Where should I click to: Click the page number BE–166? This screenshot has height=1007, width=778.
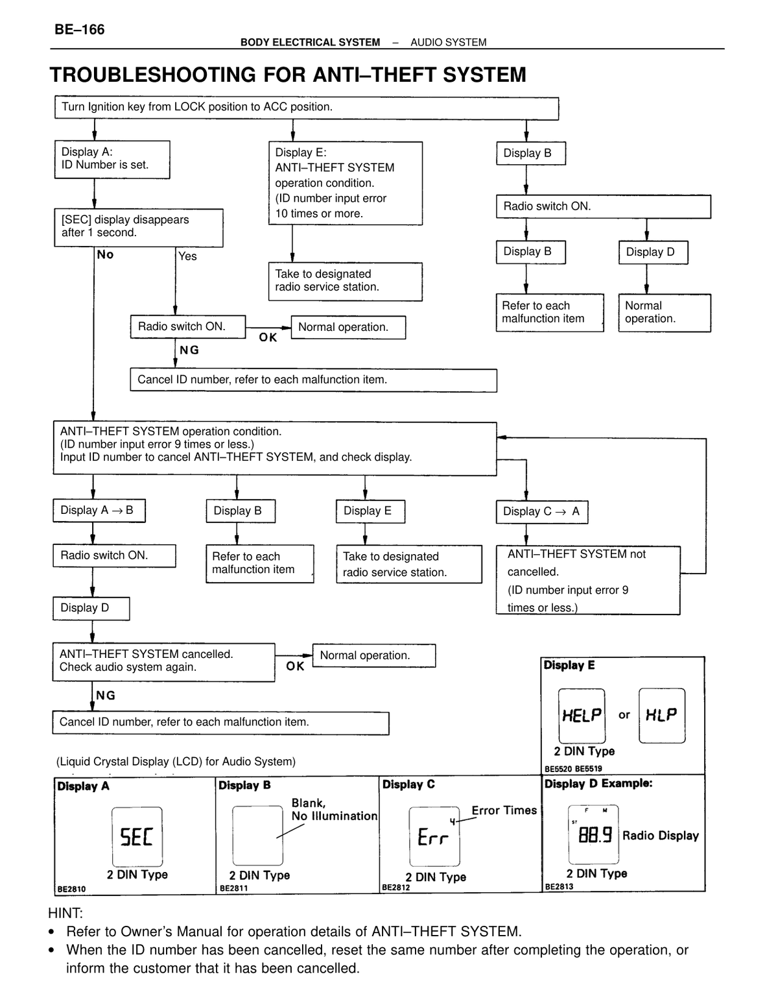tap(79, 30)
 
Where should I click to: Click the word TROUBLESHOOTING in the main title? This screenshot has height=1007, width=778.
tap(152, 75)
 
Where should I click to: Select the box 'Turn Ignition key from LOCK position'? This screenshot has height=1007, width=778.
tap(307, 108)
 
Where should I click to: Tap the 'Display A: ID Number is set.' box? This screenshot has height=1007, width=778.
tap(112, 160)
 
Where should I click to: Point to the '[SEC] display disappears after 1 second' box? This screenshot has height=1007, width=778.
tap(138, 228)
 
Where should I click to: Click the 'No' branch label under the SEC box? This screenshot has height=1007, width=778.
tap(105, 254)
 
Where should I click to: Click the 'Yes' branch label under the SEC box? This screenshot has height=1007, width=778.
tap(187, 256)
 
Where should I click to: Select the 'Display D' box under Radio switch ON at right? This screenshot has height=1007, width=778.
tap(653, 252)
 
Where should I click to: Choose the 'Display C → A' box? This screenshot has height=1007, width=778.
tap(542, 511)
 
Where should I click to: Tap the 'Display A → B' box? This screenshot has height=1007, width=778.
tap(99, 511)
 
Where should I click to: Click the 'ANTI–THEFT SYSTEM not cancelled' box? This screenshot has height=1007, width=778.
tap(588, 580)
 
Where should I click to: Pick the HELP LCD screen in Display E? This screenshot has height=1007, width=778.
tap(582, 716)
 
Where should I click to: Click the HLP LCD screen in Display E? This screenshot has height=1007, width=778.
tap(662, 715)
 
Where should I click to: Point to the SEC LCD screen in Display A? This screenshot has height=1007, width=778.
tap(137, 836)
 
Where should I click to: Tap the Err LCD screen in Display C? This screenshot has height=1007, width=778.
tap(434, 836)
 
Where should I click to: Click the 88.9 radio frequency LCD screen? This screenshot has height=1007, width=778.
tap(593, 834)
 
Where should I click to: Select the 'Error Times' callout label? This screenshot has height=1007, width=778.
tap(504, 810)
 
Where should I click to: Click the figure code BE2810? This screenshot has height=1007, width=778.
tap(71, 889)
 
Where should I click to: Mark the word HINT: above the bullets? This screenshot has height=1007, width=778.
tap(65, 913)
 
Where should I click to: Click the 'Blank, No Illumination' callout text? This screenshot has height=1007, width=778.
tap(334, 809)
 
